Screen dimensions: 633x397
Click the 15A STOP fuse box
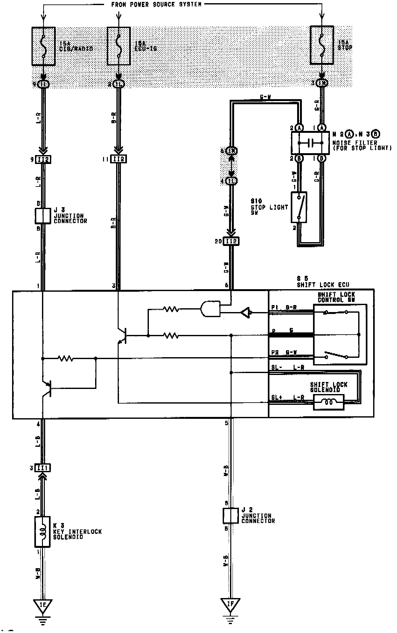point(322,46)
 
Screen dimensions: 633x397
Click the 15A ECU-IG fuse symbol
point(119,46)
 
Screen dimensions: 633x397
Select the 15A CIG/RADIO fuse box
point(44,46)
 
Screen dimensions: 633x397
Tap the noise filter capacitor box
point(310,143)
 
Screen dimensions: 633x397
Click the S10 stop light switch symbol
point(299,207)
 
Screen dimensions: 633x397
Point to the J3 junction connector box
point(43,216)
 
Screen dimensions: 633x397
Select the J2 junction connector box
point(231,516)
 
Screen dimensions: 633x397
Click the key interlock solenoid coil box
point(42,532)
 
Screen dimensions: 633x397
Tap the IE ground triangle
point(43,606)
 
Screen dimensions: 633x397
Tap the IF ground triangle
point(230,606)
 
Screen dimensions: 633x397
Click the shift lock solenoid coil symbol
point(329,402)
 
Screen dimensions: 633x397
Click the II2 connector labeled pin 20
point(231,241)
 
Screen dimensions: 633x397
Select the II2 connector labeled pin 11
point(118,159)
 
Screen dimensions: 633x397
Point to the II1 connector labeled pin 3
point(43,468)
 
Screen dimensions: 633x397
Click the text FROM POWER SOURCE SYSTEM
point(156,5)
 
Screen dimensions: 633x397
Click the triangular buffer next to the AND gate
point(246,313)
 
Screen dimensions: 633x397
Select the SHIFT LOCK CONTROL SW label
point(336,297)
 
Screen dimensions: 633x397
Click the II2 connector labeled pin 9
point(43,159)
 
